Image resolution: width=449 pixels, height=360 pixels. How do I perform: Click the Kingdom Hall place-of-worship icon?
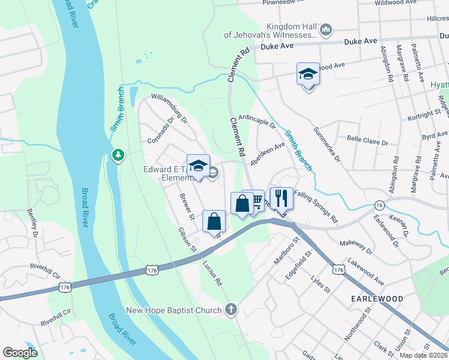(x=325, y=29)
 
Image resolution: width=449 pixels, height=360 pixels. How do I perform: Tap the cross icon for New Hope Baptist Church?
(x=231, y=310)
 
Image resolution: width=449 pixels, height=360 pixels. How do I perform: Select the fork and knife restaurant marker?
(x=281, y=197)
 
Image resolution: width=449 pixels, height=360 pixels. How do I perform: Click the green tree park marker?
(x=118, y=156)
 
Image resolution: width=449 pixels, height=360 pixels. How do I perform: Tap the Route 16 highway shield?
(x=379, y=205)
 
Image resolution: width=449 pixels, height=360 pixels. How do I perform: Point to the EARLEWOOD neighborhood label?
(x=378, y=298)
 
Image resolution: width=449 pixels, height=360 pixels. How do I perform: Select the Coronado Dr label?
(x=160, y=130)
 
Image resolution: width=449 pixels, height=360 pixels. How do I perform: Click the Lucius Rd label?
(x=212, y=272)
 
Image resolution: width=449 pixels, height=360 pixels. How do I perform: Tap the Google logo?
(x=20, y=353)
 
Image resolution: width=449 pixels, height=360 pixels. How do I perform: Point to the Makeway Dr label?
(x=356, y=244)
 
